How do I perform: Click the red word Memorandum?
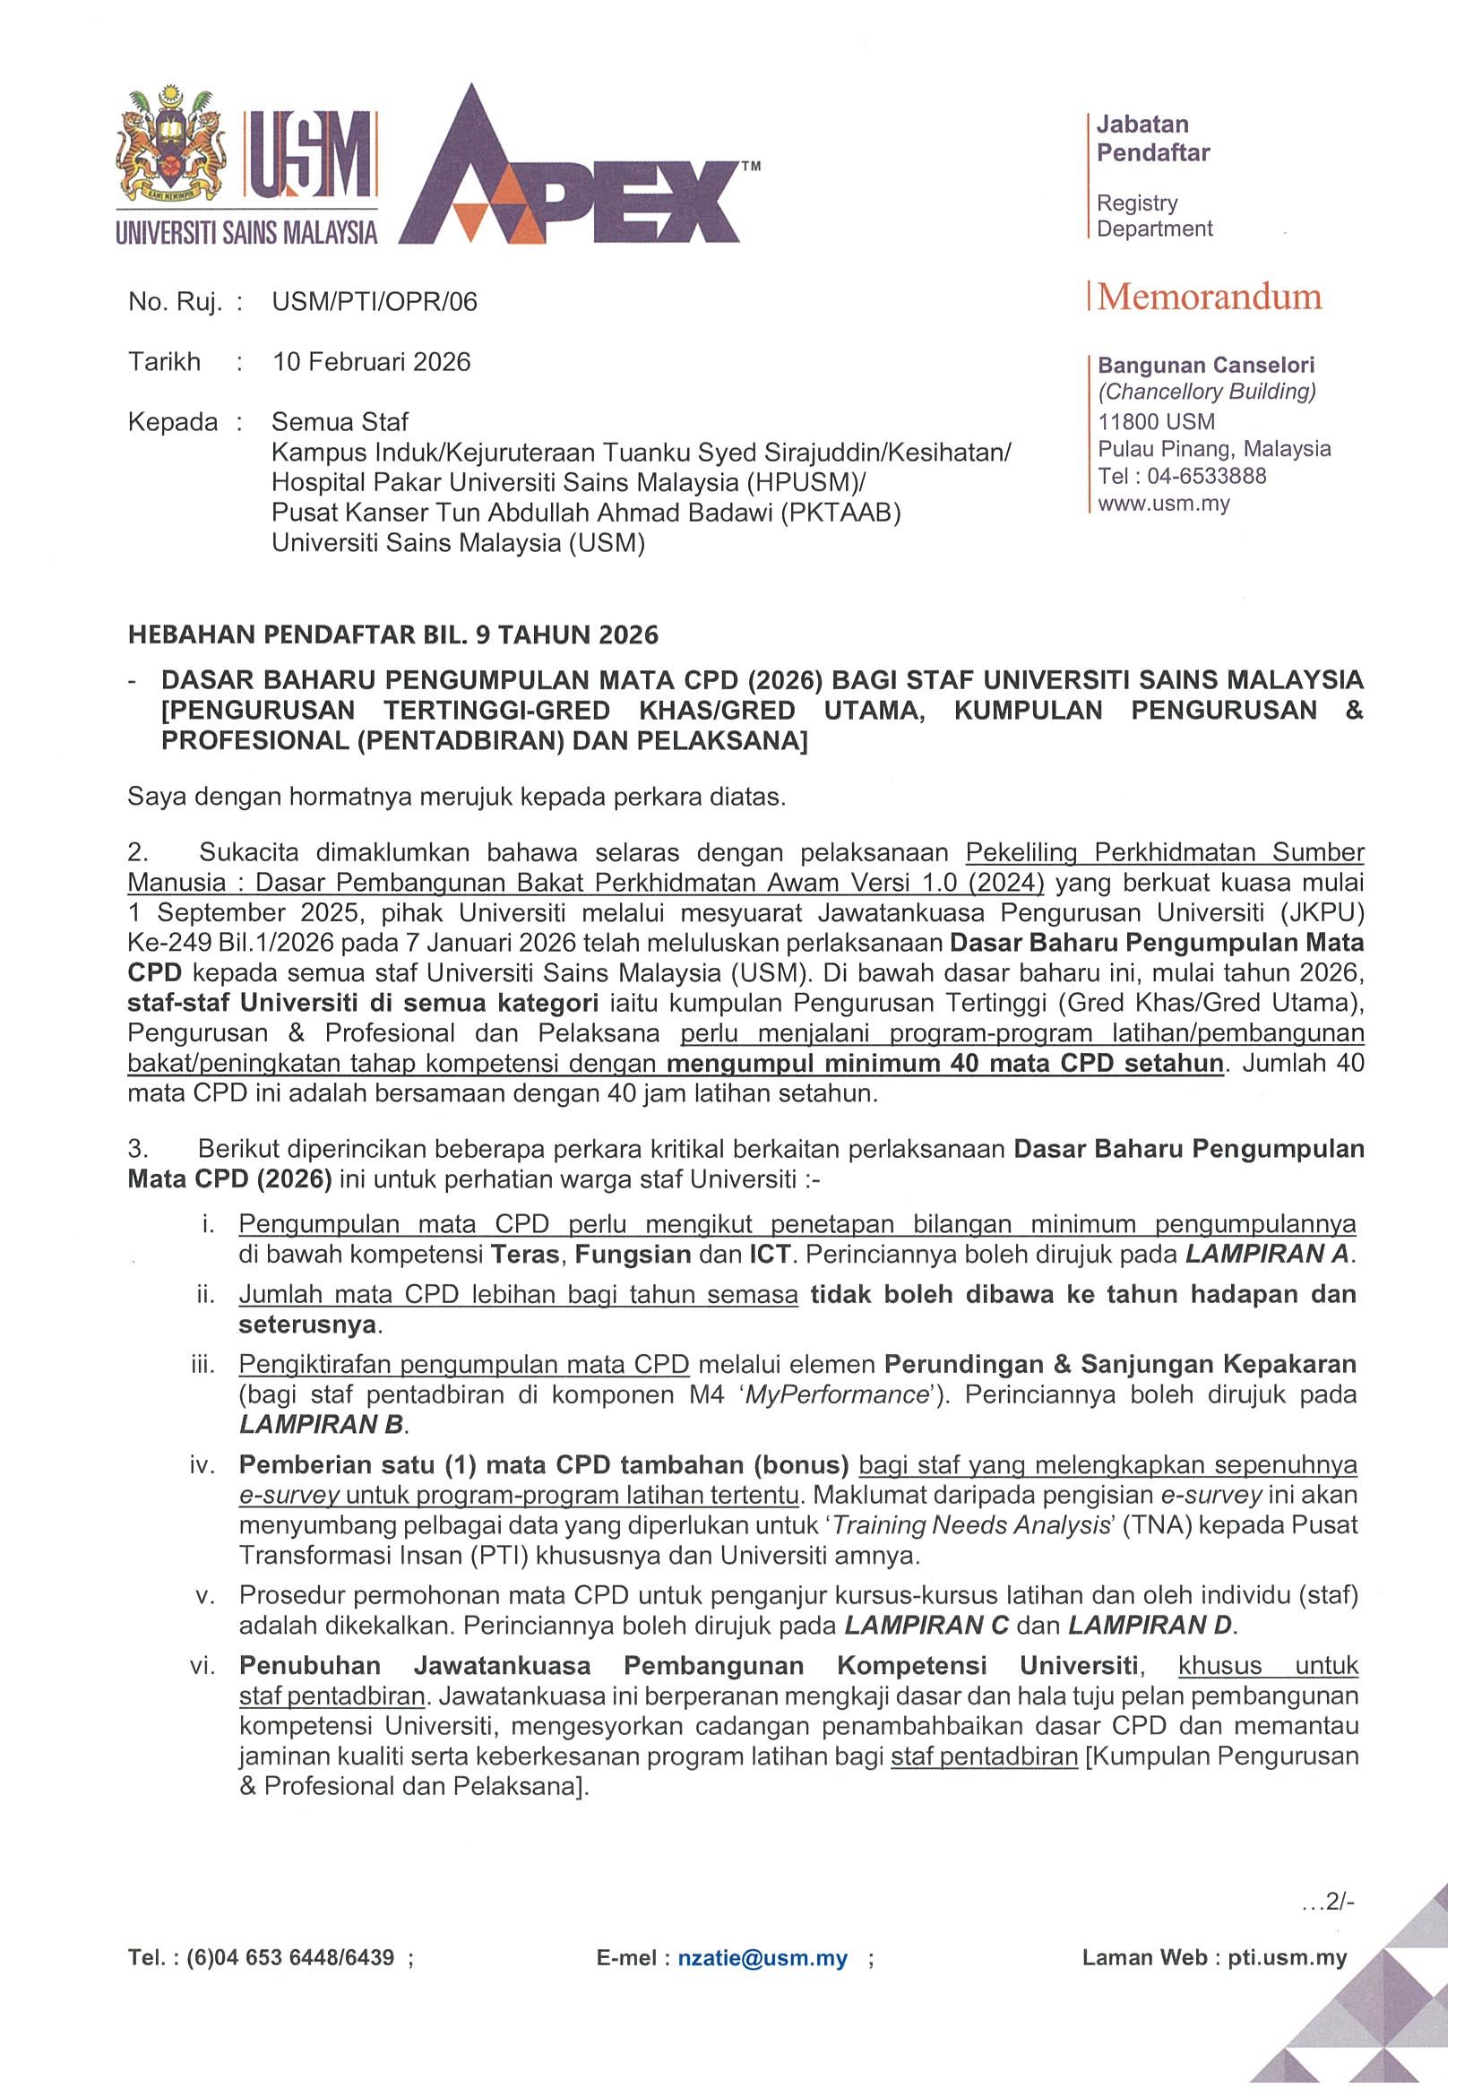point(1209,297)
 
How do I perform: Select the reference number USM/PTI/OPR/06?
point(375,302)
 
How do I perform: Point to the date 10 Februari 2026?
point(372,363)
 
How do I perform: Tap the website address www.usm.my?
point(1163,504)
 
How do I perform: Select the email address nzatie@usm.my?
point(763,1958)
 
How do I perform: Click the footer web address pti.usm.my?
point(1287,1958)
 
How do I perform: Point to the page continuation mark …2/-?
point(1329,1902)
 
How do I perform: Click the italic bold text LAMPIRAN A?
point(1268,1254)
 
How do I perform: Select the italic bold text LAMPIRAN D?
point(1150,1626)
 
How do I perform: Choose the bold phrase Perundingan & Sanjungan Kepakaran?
point(1120,1365)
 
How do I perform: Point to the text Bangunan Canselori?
point(1205,366)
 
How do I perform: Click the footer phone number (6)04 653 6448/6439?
point(290,1958)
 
